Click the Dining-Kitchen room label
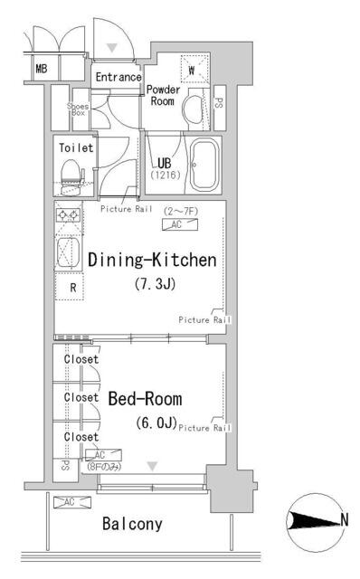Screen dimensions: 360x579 click(x=152, y=260)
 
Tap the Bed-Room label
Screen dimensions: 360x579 click(x=145, y=399)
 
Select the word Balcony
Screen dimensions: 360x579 click(x=132, y=524)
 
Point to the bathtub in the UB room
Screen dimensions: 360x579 click(x=204, y=165)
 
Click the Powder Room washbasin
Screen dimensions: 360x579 click(x=194, y=109)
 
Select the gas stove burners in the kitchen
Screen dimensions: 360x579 click(x=68, y=215)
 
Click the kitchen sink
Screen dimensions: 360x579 click(x=68, y=252)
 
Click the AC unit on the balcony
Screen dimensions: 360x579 click(x=72, y=502)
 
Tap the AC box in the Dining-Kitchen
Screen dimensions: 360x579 click(x=180, y=224)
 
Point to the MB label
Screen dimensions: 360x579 click(x=42, y=69)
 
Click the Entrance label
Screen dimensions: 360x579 click(x=118, y=77)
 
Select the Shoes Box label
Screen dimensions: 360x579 click(x=78, y=109)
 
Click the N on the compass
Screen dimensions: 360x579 click(x=344, y=520)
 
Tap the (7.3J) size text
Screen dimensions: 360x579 click(x=155, y=284)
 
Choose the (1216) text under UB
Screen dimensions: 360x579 click(x=165, y=175)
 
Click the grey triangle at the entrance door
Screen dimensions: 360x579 click(x=112, y=47)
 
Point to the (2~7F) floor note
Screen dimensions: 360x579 click(x=181, y=211)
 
